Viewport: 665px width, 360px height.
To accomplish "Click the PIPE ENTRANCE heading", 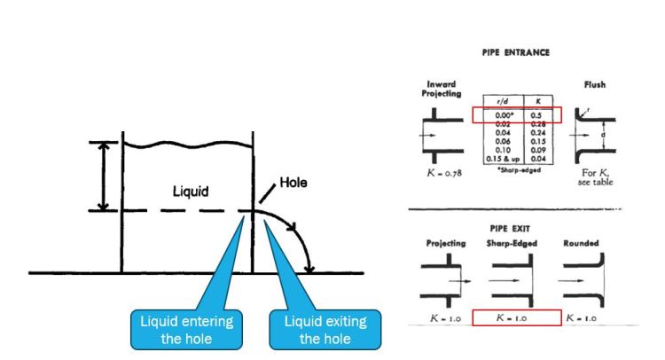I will [515, 52].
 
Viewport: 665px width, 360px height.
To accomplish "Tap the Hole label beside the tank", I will [293, 184].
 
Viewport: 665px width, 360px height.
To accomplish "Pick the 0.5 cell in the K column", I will [536, 116].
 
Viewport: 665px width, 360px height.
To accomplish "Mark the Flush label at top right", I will [594, 88].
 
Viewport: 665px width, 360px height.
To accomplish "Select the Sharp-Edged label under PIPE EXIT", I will [517, 242].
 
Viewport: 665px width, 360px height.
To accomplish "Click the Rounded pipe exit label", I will [581, 242].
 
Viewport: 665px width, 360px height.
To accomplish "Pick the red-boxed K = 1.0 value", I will [517, 317].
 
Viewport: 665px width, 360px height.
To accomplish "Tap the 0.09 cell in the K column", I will [536, 150].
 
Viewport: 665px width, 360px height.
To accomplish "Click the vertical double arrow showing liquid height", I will [104, 176].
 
